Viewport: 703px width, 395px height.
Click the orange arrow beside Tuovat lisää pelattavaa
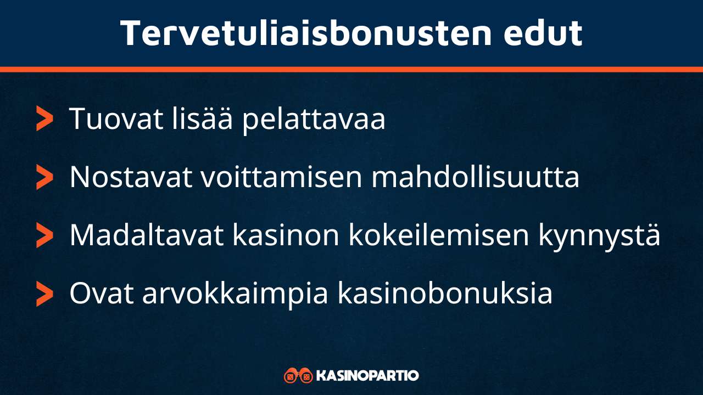(x=44, y=119)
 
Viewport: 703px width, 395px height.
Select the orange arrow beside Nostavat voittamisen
(x=44, y=177)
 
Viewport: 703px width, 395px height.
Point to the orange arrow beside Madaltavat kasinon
(x=44, y=236)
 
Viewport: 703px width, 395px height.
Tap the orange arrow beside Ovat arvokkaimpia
(x=44, y=295)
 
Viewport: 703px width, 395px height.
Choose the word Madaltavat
(x=147, y=236)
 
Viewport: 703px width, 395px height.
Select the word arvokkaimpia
(x=235, y=295)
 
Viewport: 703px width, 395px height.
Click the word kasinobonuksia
(x=444, y=294)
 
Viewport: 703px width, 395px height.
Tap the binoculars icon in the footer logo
(x=298, y=376)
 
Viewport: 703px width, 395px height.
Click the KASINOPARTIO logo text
(x=368, y=376)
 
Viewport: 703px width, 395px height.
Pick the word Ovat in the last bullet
(x=102, y=294)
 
